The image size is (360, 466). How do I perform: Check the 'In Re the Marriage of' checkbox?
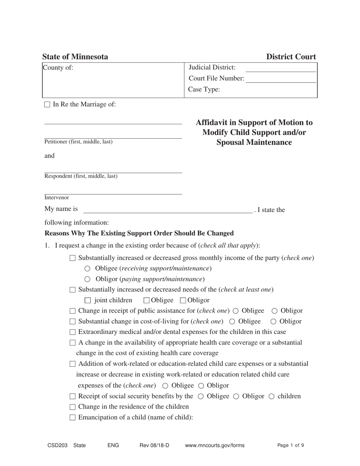(x=47, y=105)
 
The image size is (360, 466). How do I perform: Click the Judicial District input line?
(x=281, y=68)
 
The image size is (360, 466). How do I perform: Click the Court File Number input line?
(x=281, y=79)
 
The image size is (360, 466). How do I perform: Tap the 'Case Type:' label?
(x=204, y=90)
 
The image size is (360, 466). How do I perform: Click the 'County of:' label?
(x=58, y=68)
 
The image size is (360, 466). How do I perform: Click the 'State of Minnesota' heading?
(x=75, y=57)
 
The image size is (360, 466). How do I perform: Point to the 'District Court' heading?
(x=291, y=57)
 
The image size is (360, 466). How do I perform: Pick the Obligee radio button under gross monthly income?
(x=88, y=269)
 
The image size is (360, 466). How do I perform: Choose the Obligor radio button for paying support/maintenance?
(x=88, y=279)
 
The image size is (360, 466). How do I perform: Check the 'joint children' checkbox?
(x=88, y=300)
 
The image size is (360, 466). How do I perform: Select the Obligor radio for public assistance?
(x=275, y=311)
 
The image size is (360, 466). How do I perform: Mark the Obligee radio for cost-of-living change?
(x=232, y=322)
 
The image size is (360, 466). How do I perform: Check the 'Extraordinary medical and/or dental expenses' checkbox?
(x=73, y=332)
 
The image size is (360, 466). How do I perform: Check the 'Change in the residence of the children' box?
(x=73, y=407)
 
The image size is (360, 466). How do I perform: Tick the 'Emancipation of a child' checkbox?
(x=73, y=418)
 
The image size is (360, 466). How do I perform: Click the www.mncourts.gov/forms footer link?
(x=214, y=446)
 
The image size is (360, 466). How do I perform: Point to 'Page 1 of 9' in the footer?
(x=291, y=446)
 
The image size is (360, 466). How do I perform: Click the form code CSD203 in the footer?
(x=57, y=446)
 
